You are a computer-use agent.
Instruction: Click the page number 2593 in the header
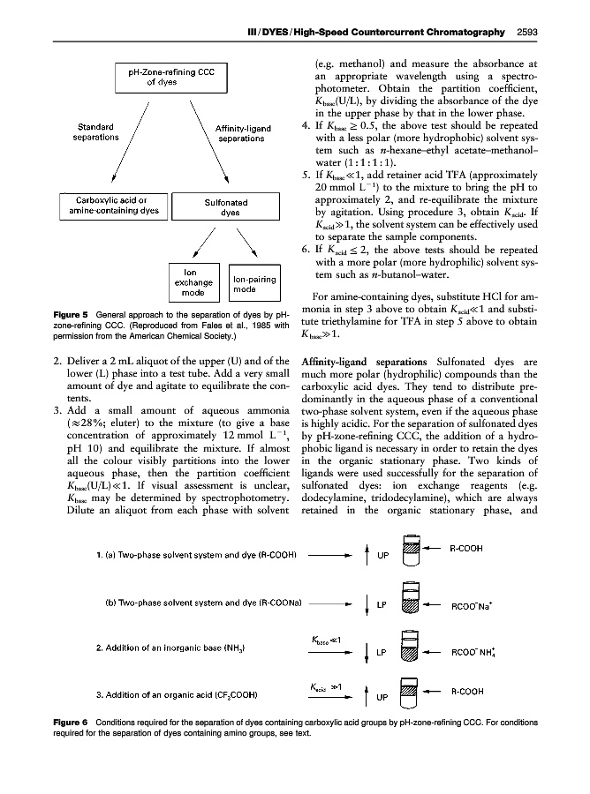(526, 34)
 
